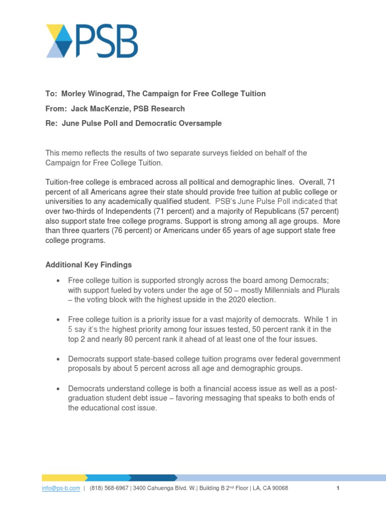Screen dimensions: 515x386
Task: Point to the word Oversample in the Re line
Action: (x=201, y=123)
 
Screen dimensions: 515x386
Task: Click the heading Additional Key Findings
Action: (x=88, y=265)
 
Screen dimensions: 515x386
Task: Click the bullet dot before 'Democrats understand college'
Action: (x=59, y=389)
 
